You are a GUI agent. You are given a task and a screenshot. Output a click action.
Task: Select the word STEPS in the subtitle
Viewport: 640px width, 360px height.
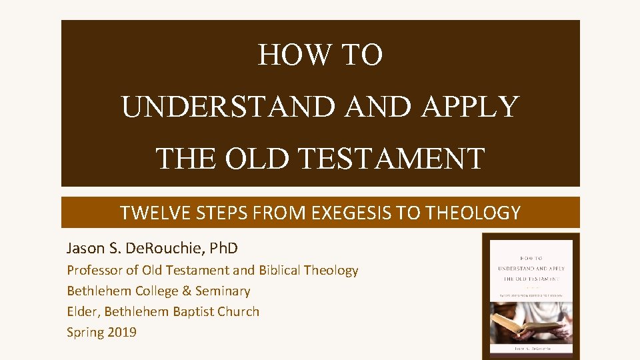[212, 213]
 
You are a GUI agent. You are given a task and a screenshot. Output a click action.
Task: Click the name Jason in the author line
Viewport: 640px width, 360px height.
[85, 249]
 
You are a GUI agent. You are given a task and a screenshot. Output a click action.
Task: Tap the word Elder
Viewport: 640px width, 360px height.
[82, 311]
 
